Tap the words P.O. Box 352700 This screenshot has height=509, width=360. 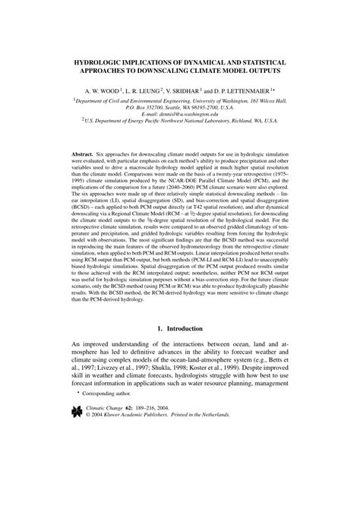click(x=134, y=106)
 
